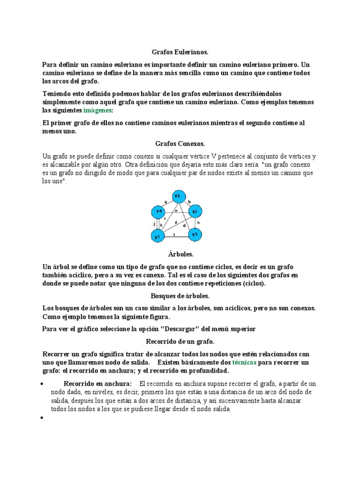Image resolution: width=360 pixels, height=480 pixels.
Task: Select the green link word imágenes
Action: click(97, 110)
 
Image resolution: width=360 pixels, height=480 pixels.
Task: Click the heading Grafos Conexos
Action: click(180, 143)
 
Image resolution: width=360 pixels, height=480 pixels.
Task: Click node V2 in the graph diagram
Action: click(195, 211)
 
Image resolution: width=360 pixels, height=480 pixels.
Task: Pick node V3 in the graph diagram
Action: click(195, 233)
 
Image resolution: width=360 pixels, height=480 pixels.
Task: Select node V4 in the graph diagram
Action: click(158, 212)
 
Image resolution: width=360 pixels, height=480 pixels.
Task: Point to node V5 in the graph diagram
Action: click(158, 236)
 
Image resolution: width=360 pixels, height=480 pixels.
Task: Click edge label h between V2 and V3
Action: click(199, 223)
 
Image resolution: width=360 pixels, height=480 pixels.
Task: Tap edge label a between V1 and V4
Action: click(165, 202)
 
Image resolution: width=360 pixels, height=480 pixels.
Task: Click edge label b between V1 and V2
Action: click(189, 202)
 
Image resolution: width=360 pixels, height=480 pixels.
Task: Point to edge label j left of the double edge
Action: click(154, 224)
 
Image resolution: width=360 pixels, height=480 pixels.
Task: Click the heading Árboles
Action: click(180, 254)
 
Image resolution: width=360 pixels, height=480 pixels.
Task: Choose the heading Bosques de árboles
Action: click(180, 296)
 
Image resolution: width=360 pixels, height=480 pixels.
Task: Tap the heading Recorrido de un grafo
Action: click(180, 341)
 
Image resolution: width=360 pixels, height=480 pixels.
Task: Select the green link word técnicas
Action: click(244, 363)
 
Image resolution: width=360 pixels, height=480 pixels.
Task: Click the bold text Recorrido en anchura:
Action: click(97, 384)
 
